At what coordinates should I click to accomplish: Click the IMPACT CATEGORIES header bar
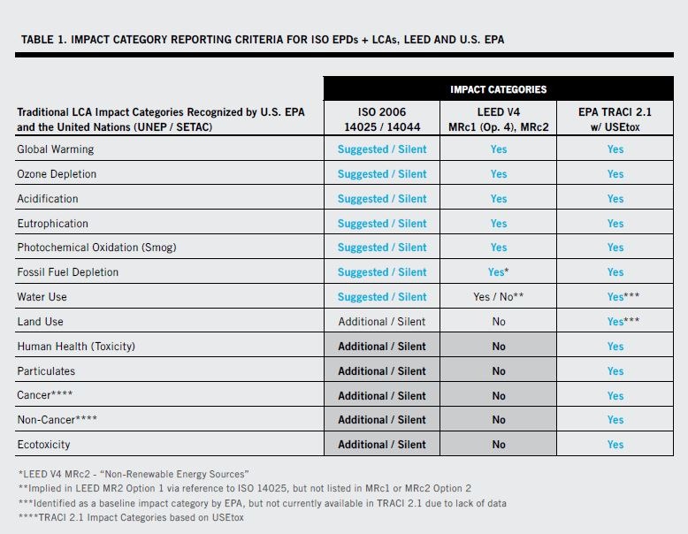(498, 89)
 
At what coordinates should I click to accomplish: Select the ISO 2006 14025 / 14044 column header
(381, 119)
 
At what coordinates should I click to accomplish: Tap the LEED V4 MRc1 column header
(498, 119)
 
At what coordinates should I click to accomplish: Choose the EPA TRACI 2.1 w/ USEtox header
(615, 119)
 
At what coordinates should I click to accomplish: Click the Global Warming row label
(53, 149)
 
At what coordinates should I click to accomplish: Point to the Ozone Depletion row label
(57, 174)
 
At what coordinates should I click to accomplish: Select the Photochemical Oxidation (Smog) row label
(96, 248)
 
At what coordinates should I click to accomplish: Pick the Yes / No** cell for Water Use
(498, 297)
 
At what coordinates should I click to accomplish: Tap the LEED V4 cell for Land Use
(498, 322)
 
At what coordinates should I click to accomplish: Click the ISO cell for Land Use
(381, 322)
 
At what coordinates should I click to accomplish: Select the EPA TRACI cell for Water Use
(615, 297)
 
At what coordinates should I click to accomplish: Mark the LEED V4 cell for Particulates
(498, 371)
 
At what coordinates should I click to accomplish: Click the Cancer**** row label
(45, 395)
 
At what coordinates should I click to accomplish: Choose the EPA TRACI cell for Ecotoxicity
(615, 445)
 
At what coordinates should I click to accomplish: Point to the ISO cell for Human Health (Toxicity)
(381, 347)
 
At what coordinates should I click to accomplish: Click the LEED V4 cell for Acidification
(498, 199)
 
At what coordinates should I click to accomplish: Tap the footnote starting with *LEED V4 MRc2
(133, 475)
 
